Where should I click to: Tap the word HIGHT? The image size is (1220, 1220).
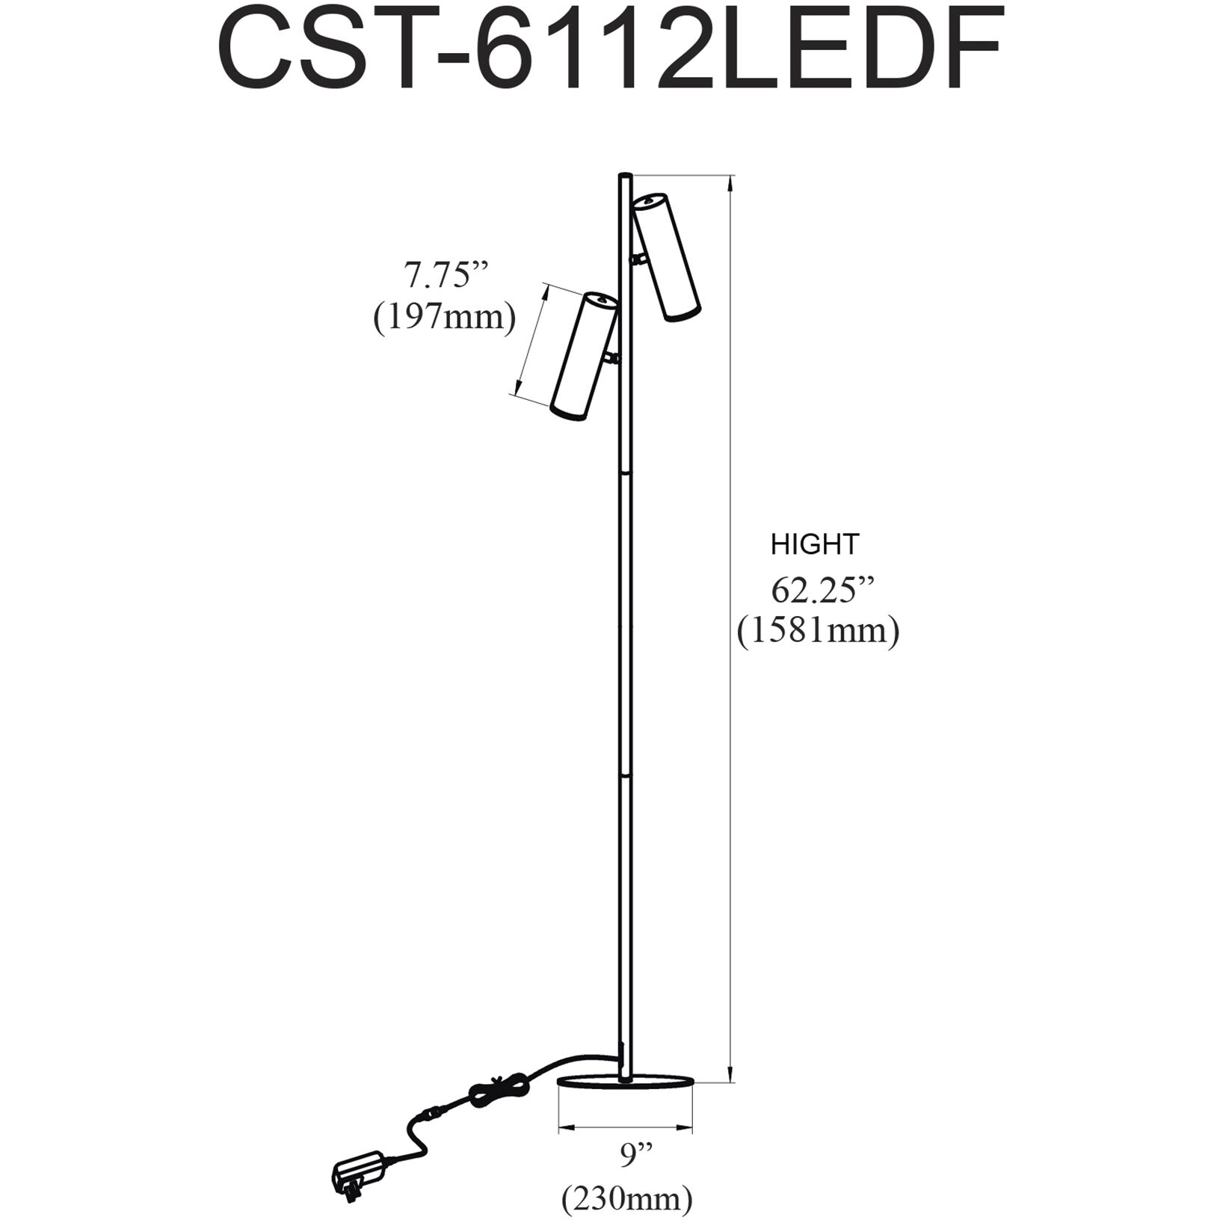pos(815,544)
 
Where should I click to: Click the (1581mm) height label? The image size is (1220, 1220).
pos(818,632)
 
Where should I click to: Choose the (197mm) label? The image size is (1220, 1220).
pos(444,318)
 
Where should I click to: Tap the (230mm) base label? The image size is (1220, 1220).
pos(627,1200)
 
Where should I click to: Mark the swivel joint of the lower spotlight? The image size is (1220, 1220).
pos(613,358)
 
